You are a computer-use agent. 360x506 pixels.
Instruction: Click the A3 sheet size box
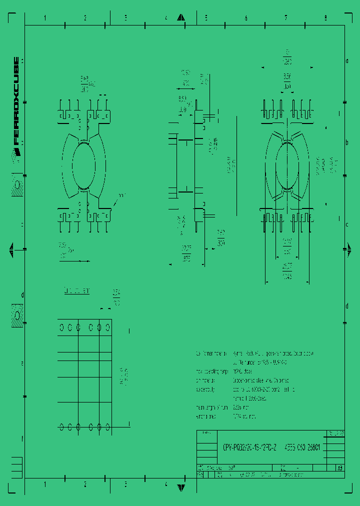pyautogui.click(x=339, y=468)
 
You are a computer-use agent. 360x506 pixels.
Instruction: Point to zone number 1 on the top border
pyautogui.click(x=45, y=18)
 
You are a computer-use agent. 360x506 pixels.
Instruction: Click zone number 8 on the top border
pyautogui.click(x=325, y=18)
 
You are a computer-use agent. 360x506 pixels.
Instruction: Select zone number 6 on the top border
pyautogui.click(x=245, y=18)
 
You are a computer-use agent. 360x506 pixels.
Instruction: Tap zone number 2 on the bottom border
pyautogui.click(x=85, y=484)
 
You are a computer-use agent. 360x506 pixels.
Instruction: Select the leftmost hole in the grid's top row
pyautogui.click(x=61, y=327)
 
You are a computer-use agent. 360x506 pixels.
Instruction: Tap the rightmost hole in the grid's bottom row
pyautogui.click(x=107, y=426)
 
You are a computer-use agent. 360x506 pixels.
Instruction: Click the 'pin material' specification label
pyautogui.click(x=205, y=380)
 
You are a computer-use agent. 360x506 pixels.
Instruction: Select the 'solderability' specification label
pyautogui.click(x=205, y=389)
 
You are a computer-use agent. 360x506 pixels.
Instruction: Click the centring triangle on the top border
pyautogui.click(x=181, y=18)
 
